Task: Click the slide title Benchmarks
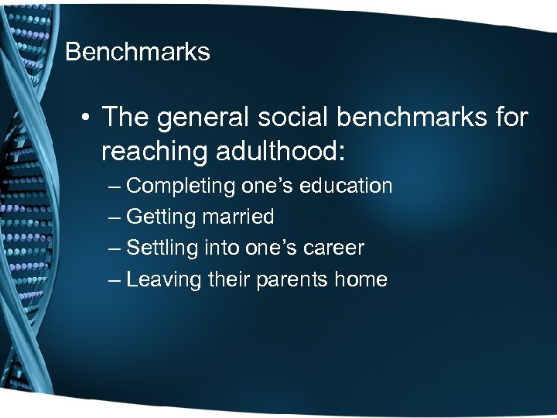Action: pos(138,52)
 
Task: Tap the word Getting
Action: pos(161,218)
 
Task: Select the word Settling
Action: pos(162,248)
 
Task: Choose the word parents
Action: pos(290,279)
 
